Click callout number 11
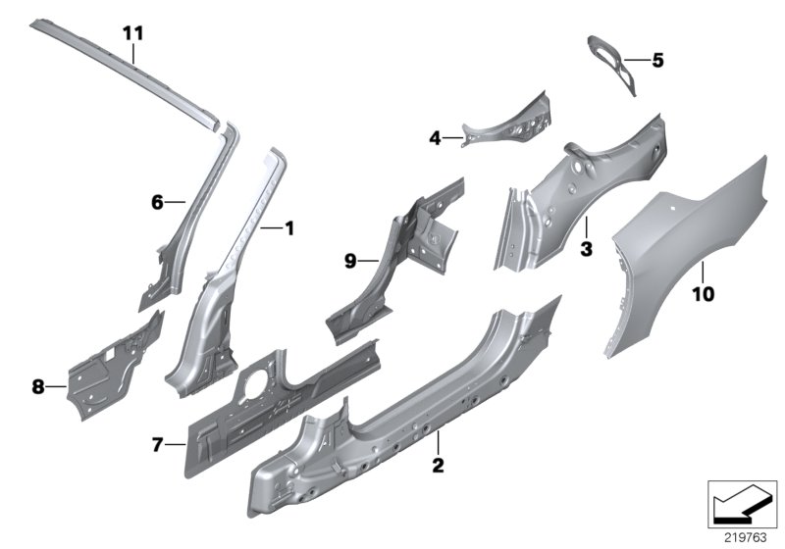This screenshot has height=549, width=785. click(x=133, y=33)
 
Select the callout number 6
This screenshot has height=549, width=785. click(x=156, y=203)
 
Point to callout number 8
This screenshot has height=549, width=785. click(x=38, y=387)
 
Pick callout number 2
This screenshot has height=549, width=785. click(x=439, y=464)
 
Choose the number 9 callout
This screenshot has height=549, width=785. click(x=349, y=261)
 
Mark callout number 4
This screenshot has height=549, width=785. click(x=435, y=138)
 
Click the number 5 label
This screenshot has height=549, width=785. click(x=656, y=61)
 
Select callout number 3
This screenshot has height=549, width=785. click(x=586, y=249)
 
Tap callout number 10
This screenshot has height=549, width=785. click(x=705, y=292)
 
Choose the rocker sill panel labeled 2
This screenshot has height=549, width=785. click(x=392, y=412)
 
